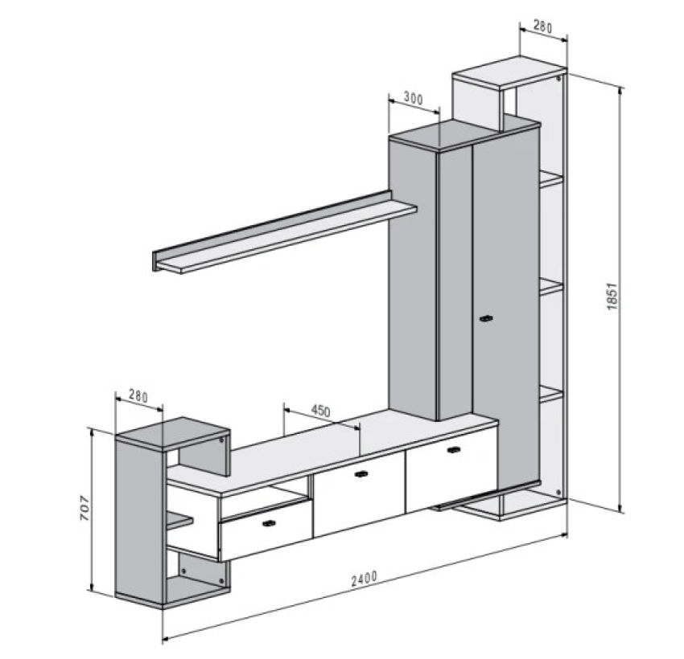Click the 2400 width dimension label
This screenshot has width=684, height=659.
(364, 579)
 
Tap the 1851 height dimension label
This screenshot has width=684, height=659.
(612, 297)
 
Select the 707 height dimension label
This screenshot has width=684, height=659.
(84, 508)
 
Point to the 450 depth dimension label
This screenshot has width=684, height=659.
(320, 411)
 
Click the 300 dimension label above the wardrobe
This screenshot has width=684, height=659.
(413, 98)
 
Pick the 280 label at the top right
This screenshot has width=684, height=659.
(542, 27)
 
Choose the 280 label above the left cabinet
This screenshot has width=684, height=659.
(138, 397)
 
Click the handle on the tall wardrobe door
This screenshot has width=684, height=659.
(486, 319)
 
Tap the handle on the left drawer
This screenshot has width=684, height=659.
(270, 523)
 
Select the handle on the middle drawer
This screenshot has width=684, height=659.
(361, 474)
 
